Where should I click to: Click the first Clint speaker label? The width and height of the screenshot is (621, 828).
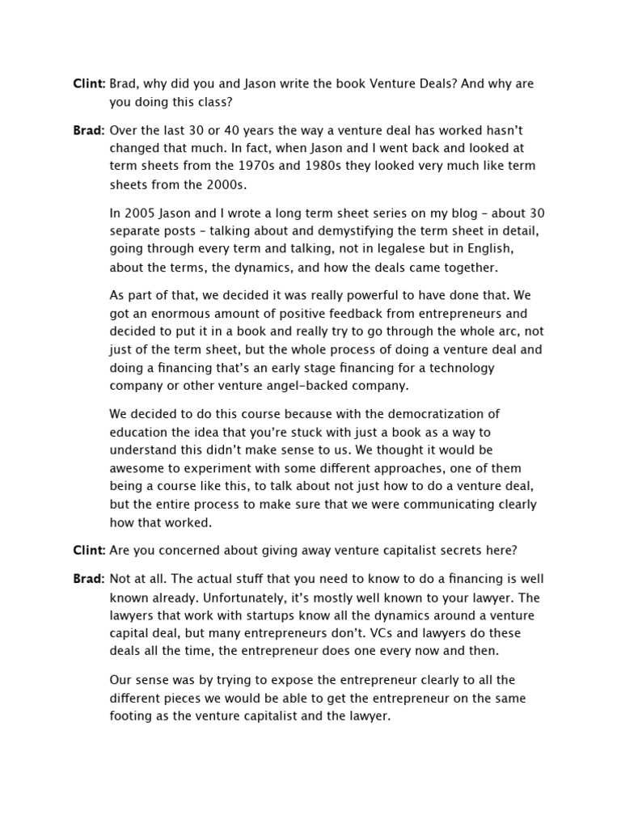(x=89, y=84)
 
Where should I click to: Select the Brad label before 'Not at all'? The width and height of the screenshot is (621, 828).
(x=89, y=579)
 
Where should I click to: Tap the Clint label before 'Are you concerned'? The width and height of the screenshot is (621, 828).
(x=89, y=551)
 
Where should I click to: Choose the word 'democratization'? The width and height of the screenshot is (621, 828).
(x=427, y=414)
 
